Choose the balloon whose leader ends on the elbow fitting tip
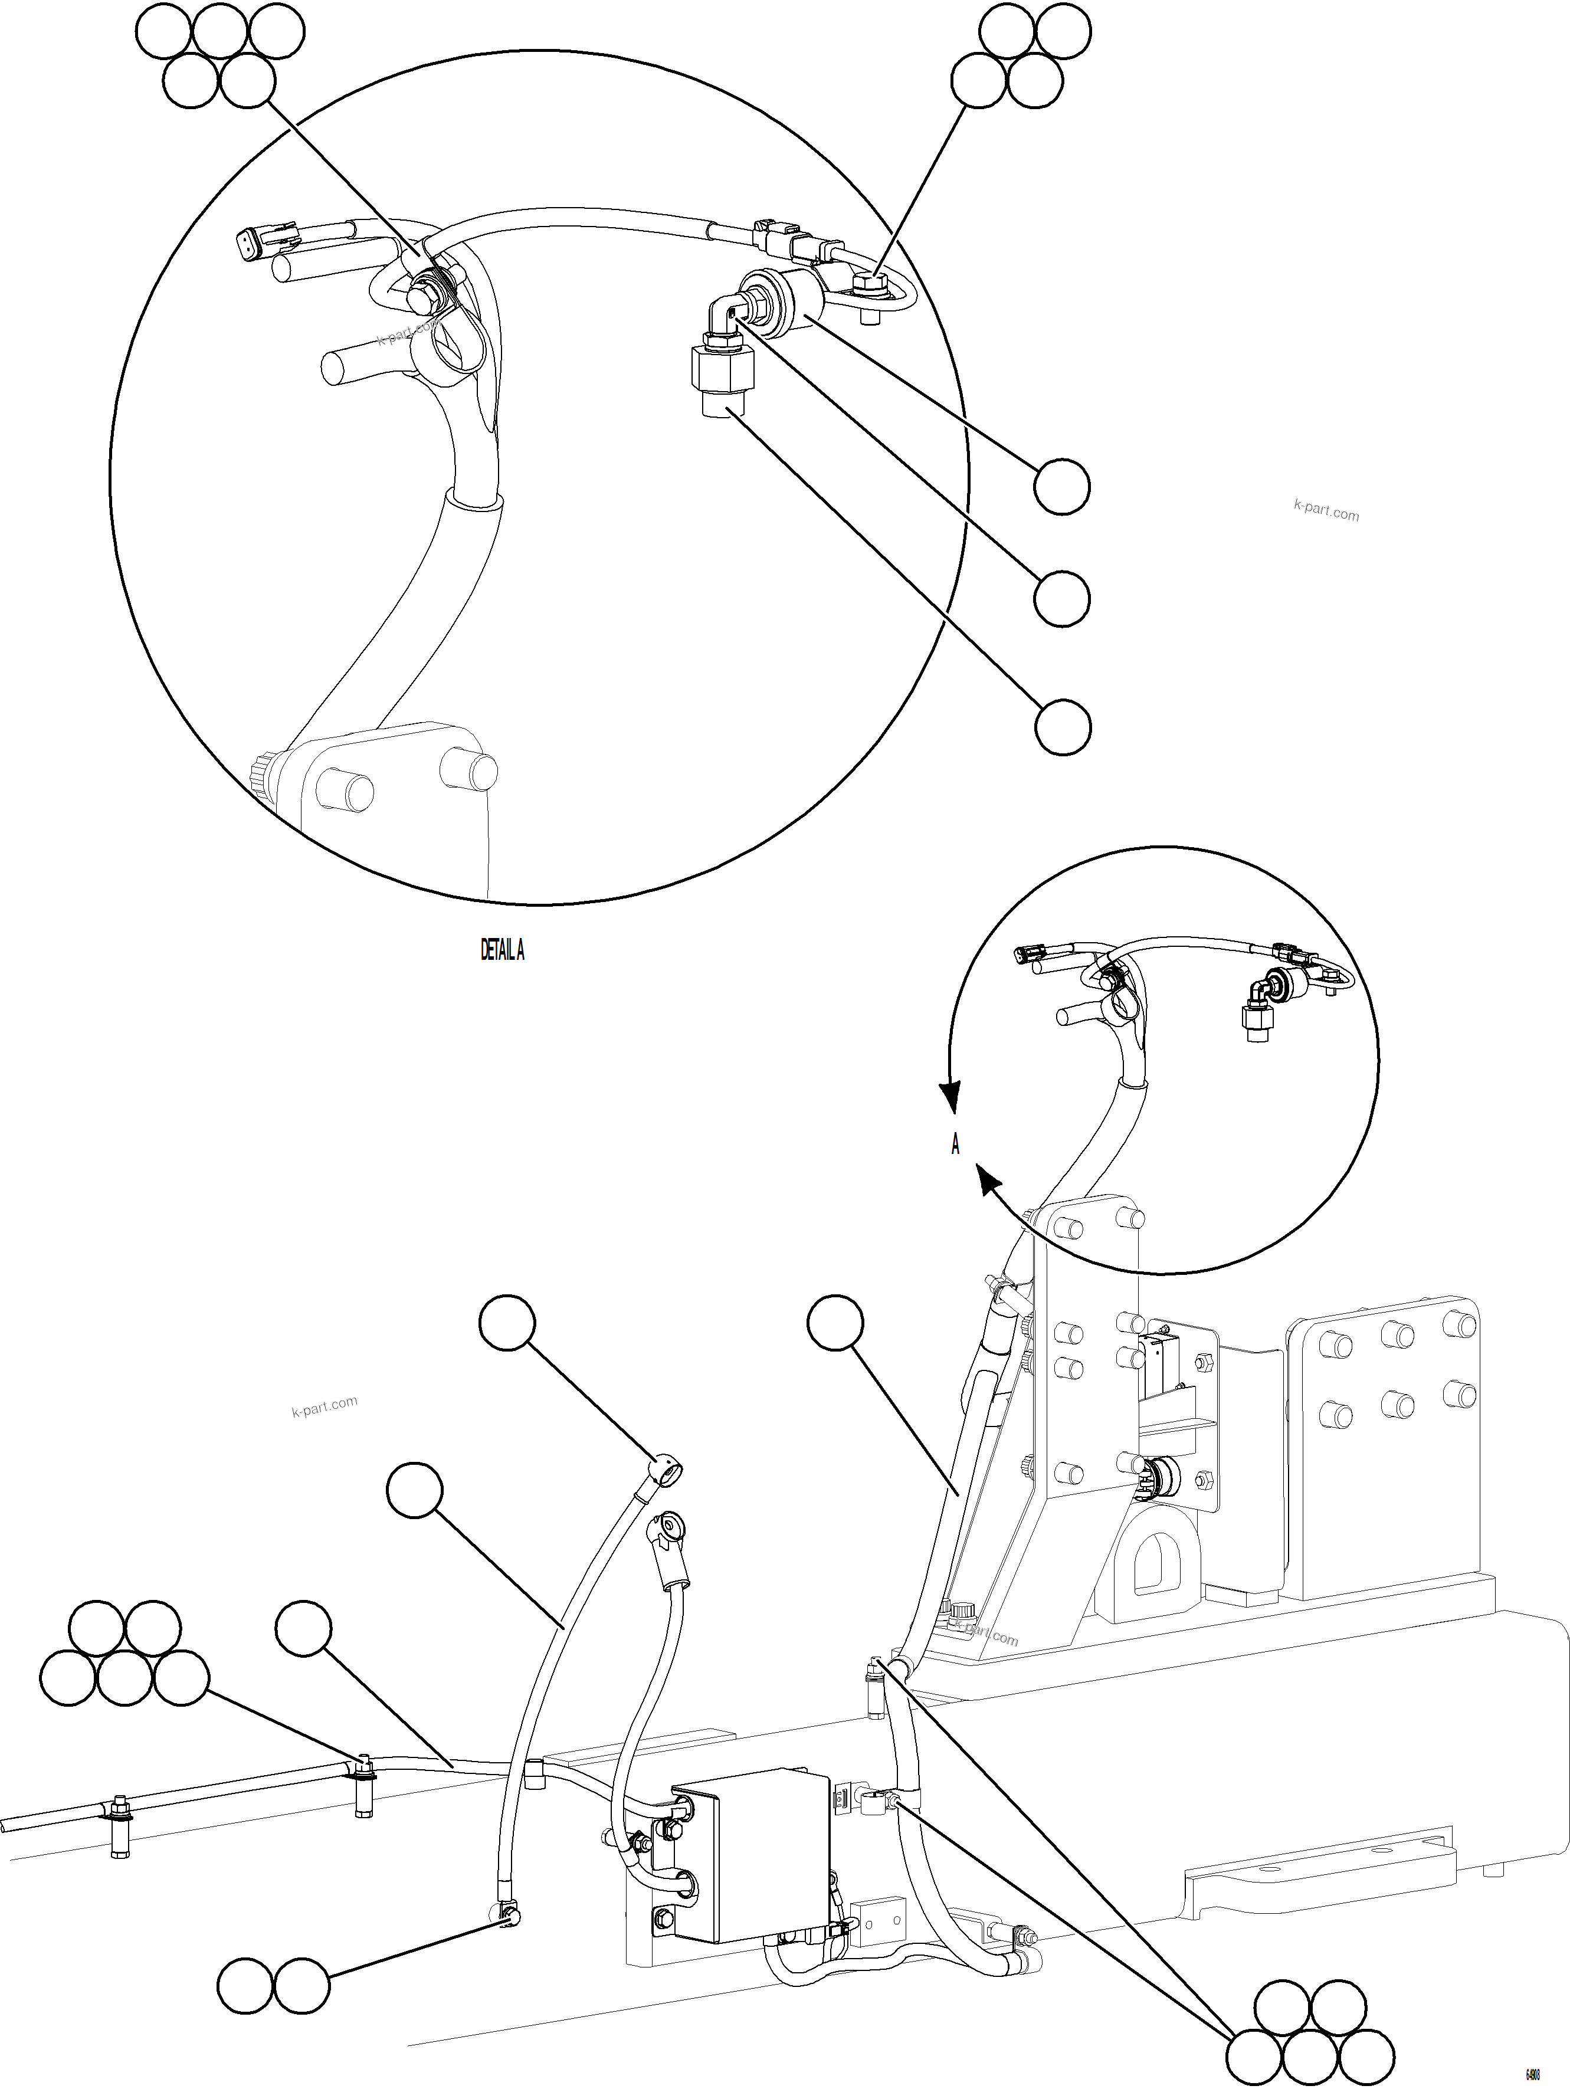pyautogui.click(x=1062, y=599)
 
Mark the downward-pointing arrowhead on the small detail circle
pyautogui.click(x=951, y=1099)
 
